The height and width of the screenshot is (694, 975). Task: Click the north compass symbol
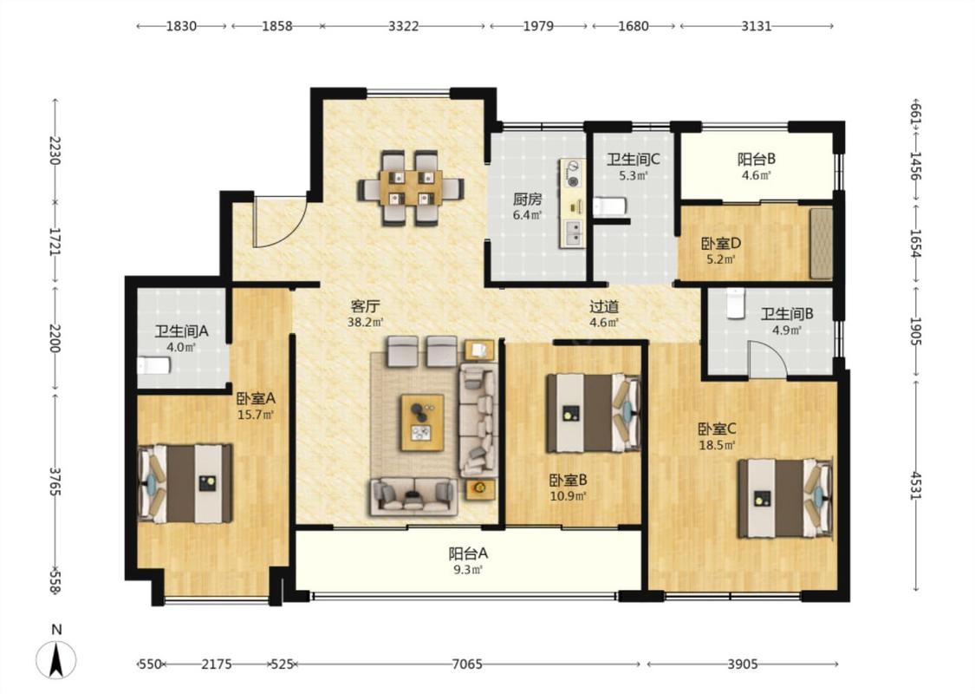(56, 659)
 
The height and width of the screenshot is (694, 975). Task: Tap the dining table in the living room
(411, 187)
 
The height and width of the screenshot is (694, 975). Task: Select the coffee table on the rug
(422, 422)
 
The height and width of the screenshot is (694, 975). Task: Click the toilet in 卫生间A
(153, 365)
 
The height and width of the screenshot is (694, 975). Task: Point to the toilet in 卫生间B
(736, 303)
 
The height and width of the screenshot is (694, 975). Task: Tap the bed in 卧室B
(593, 413)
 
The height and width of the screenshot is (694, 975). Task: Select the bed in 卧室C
(785, 498)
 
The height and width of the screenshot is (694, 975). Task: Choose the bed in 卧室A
(185, 483)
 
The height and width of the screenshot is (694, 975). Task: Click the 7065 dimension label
(467, 665)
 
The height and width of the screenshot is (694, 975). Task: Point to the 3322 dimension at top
(404, 26)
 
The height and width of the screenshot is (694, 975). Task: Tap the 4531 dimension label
(915, 486)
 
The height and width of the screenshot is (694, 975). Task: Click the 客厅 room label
(366, 306)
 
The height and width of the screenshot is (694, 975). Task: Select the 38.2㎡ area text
(366, 323)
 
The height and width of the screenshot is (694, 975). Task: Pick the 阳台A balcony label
(468, 553)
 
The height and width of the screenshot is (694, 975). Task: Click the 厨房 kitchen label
(527, 200)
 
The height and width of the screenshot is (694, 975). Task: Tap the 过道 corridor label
(604, 306)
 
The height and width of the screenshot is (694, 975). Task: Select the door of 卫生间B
(768, 358)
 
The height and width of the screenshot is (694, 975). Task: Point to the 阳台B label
(757, 160)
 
